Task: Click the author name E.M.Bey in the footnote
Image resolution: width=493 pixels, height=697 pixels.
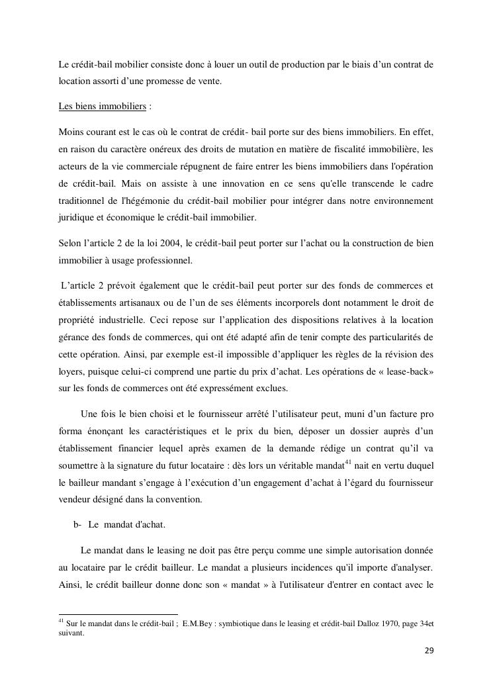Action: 198,623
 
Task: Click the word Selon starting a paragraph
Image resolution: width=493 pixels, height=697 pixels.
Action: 70,244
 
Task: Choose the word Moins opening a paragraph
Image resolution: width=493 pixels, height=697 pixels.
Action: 71,131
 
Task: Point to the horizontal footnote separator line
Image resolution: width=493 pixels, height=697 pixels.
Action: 118,614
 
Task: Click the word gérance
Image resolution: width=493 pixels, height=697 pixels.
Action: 75,338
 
